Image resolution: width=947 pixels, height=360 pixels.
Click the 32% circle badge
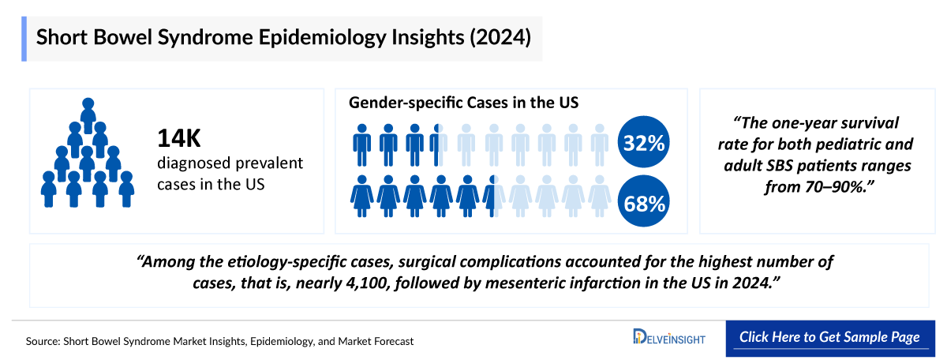point(644,144)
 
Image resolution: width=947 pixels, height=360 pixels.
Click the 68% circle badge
point(644,203)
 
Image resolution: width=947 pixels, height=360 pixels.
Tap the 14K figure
point(179,138)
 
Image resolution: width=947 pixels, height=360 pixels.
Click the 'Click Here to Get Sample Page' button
point(829,337)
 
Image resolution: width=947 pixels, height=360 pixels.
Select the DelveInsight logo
point(669,338)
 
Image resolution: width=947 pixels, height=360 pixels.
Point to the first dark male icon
point(362,144)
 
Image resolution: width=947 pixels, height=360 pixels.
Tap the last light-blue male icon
point(600,144)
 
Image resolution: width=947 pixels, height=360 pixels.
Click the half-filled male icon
point(439,144)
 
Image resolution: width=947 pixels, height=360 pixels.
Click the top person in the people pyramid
point(88,110)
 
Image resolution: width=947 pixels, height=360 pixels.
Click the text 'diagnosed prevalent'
point(230,163)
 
